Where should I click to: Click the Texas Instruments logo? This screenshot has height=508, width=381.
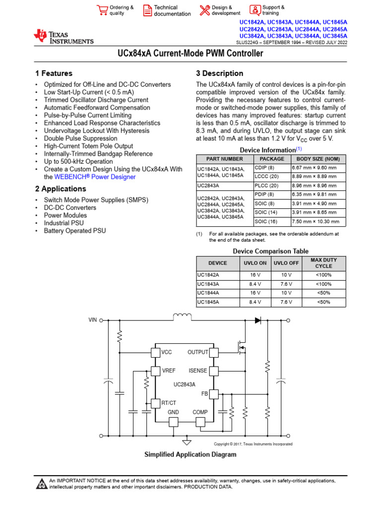[63, 37]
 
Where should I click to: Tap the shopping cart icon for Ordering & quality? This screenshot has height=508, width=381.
[102, 10]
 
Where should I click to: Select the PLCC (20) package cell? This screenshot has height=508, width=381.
[267, 185]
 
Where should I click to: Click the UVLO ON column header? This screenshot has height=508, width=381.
[256, 263]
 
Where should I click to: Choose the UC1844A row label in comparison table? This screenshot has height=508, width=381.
[208, 293]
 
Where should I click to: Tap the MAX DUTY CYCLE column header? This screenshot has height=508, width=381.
[323, 263]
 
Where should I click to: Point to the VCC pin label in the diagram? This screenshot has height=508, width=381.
[167, 352]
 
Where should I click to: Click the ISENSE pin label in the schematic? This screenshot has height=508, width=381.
[198, 371]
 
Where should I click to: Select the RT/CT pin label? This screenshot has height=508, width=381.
[169, 403]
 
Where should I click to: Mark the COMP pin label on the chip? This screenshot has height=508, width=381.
[200, 412]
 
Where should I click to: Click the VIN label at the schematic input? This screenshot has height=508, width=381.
[93, 320]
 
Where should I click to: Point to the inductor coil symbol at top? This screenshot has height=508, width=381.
[182, 317]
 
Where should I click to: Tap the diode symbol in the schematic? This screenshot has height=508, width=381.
[258, 320]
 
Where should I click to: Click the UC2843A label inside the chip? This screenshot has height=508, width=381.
[184, 384]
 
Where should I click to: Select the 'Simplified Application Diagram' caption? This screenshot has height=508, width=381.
[190, 454]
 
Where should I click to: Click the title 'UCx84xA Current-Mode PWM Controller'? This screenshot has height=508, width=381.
[190, 53]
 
